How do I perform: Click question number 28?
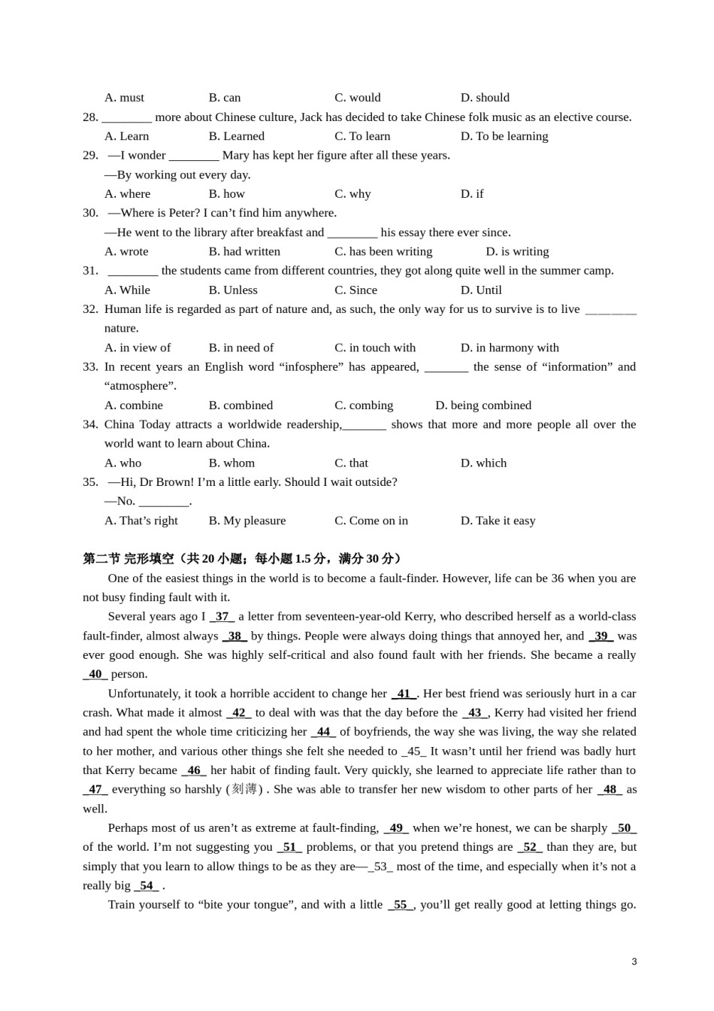(90, 117)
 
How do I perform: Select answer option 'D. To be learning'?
(504, 136)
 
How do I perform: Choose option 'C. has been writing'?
(383, 251)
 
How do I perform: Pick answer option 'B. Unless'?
(233, 290)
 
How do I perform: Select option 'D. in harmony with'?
(510, 348)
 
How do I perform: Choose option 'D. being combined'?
(483, 405)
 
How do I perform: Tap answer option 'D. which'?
(483, 463)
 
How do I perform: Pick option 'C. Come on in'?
(371, 521)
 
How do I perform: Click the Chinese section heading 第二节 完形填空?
(128, 559)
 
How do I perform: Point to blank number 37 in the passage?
(222, 617)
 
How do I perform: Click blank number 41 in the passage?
(404, 694)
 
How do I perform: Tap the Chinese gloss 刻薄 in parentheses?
(244, 789)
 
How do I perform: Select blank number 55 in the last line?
(401, 904)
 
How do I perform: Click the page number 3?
(634, 961)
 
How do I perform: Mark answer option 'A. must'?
(124, 98)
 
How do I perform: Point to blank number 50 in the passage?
(624, 827)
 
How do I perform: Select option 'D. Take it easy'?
(498, 521)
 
